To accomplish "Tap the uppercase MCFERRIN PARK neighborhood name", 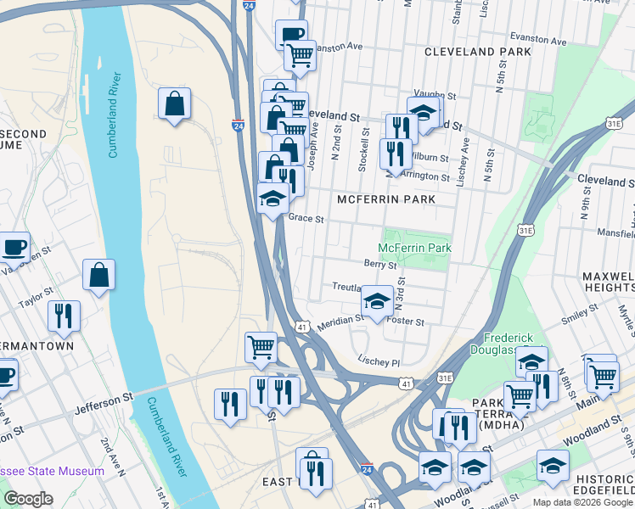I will (386, 199).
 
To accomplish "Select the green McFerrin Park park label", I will (415, 248).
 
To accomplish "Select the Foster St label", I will (405, 322).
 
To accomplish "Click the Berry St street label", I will (380, 265).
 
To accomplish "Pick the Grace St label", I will (306, 218).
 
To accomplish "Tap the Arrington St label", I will (426, 176).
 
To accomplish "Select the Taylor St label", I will (37, 299).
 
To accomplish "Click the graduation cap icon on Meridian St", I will (377, 301).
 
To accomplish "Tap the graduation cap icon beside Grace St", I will (273, 199).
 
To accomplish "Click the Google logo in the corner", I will (28, 499).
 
